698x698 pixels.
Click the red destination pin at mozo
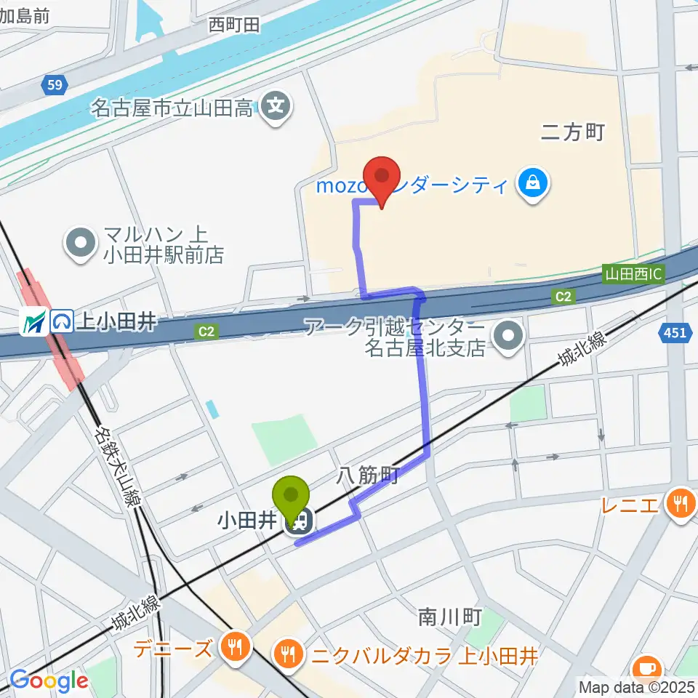coord(381,177)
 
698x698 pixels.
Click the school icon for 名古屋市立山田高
coord(276,108)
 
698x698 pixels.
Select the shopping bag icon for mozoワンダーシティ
coord(534,182)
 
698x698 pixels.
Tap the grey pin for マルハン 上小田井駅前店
coord(81,244)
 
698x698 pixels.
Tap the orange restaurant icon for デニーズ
coord(234,646)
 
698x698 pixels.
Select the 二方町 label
coord(573,132)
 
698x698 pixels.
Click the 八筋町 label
coord(369,476)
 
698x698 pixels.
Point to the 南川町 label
coord(450,617)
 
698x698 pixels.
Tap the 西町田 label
coord(233,25)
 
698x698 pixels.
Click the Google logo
coord(49,681)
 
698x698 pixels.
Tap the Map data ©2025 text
coord(636,686)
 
